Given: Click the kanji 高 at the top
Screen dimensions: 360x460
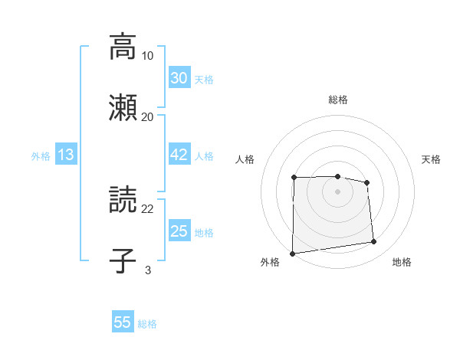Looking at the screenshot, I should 123,47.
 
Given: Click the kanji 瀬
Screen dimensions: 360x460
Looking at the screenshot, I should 123,106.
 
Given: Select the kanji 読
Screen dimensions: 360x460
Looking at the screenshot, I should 123,200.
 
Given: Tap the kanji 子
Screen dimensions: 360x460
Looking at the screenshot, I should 123,260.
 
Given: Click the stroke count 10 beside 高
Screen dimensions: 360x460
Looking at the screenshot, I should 148,56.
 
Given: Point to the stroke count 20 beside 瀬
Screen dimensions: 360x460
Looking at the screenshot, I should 148,116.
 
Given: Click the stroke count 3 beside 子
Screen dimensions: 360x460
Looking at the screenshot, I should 148,270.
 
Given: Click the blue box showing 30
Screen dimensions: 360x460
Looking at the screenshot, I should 179,78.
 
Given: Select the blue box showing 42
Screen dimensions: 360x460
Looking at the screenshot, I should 179,155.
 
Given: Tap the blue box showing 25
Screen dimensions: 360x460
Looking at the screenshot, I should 179,231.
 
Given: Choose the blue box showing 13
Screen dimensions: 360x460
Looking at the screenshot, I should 66,155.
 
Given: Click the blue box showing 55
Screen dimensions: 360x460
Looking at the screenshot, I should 123,322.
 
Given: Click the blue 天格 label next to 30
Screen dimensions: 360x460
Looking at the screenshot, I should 204,79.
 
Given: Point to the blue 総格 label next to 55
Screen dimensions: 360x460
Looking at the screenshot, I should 148,323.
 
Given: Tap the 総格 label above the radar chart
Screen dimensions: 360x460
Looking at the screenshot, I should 337,100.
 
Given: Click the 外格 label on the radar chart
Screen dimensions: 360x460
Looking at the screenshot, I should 270,262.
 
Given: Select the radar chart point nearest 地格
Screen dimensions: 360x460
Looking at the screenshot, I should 374,242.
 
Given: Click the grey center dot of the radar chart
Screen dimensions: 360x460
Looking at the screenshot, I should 337,191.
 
